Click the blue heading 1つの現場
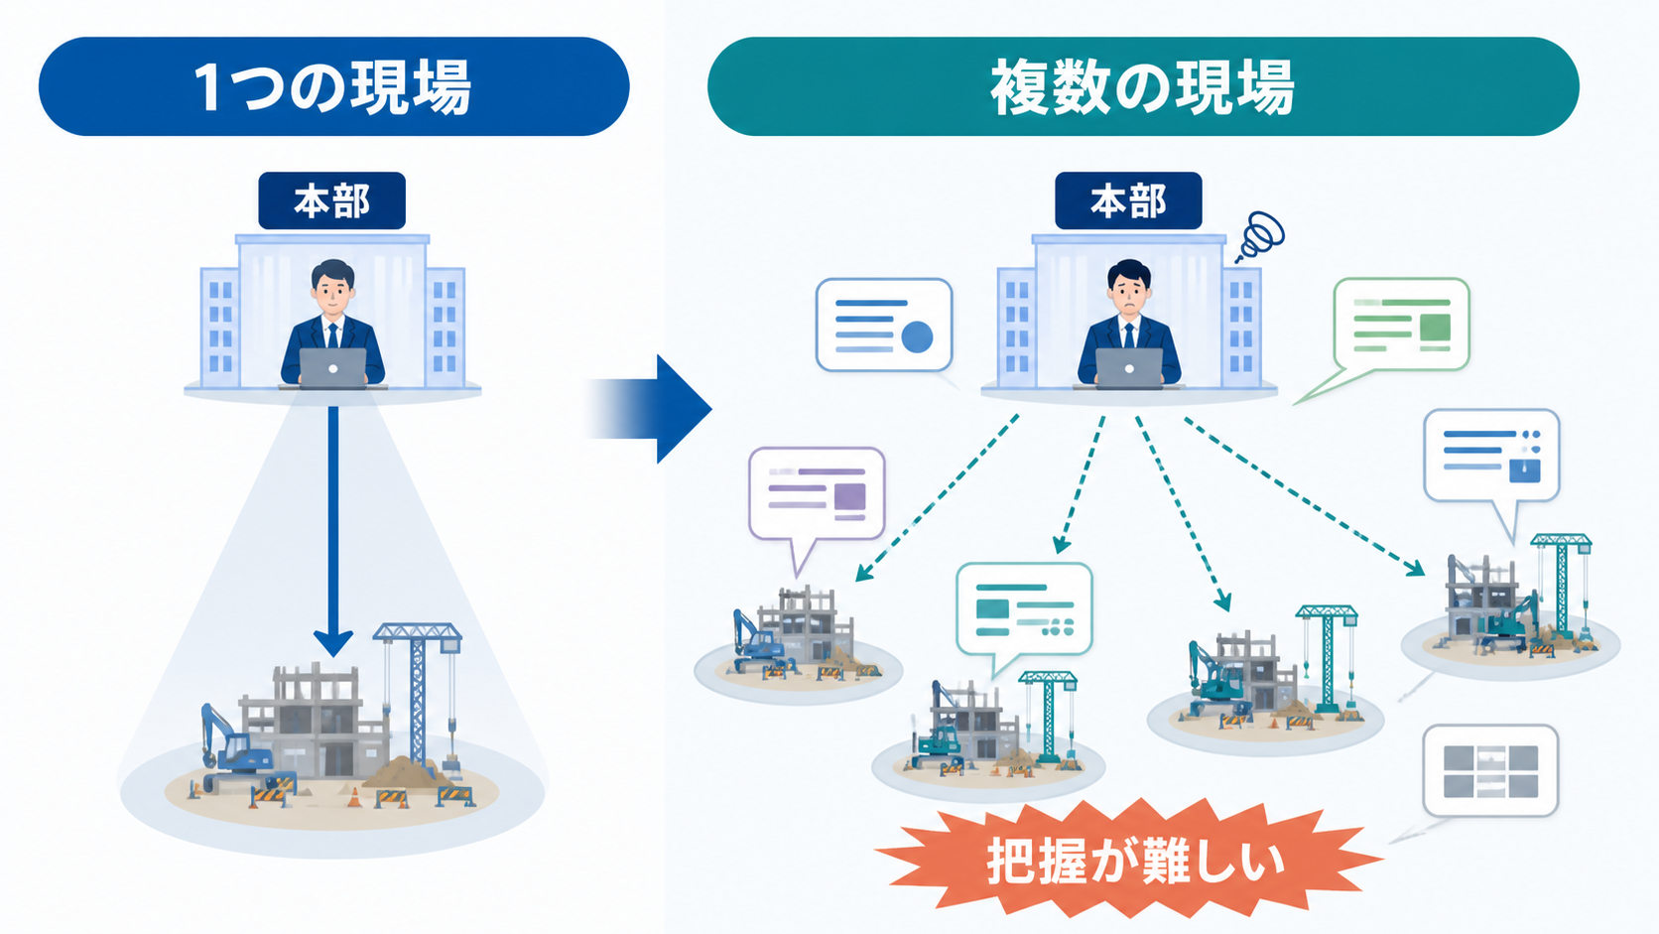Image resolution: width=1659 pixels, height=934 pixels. tap(333, 86)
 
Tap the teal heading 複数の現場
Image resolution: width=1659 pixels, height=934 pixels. tap(1143, 86)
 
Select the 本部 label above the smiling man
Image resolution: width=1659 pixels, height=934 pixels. tap(331, 200)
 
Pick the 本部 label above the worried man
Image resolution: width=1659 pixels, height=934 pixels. tap(1128, 200)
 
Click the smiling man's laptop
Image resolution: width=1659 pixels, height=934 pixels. tap(332, 368)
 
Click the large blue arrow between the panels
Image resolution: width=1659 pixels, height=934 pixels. tap(649, 409)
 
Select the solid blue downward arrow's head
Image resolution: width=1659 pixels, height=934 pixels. tap(333, 643)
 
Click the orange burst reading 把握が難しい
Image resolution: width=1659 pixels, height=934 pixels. tap(1129, 860)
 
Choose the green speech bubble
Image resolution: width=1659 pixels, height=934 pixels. tap(1392, 334)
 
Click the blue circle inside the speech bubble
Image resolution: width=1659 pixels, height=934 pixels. tap(917, 337)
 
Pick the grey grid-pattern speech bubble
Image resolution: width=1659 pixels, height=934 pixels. tap(1490, 771)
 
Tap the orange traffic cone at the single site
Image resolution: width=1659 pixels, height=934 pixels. tap(354, 797)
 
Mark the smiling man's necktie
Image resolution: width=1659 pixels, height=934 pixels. tap(332, 334)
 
